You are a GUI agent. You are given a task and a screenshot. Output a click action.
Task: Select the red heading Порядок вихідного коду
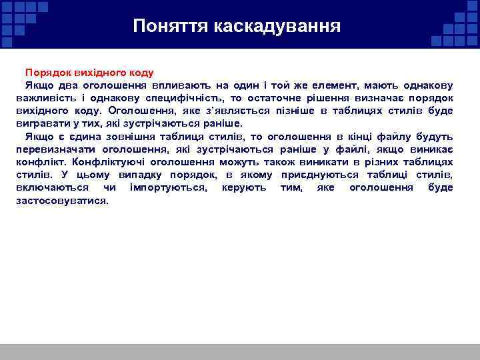[89, 72]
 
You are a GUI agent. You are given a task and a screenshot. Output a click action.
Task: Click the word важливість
[43, 98]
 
